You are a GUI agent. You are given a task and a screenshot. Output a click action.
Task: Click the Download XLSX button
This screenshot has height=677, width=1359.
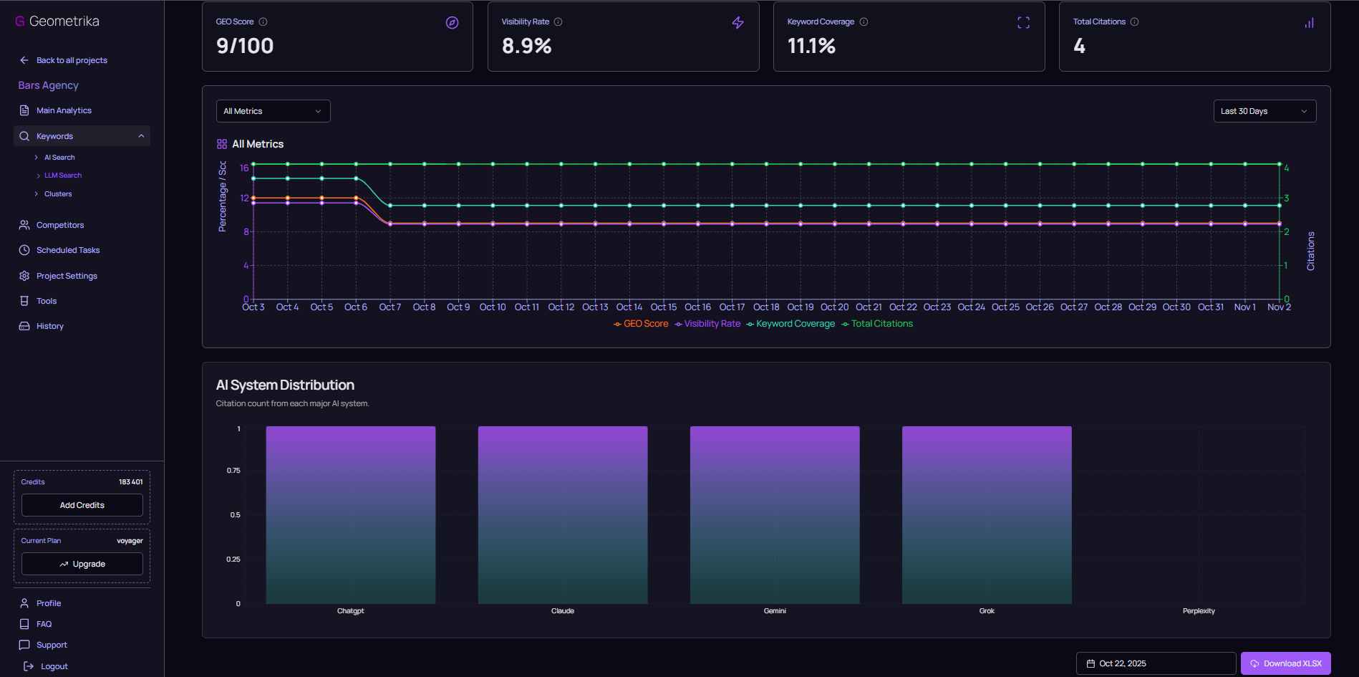click(1285, 663)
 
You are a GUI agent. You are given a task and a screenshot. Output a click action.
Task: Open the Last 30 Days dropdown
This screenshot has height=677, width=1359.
click(1264, 111)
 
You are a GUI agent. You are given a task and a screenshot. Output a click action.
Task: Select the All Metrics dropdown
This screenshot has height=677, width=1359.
click(273, 111)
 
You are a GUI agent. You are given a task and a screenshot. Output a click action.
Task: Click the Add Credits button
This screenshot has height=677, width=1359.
click(82, 505)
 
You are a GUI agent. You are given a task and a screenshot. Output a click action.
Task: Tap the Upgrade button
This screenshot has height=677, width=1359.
click(82, 564)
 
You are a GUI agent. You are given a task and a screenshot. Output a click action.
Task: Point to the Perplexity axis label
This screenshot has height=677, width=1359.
click(1199, 611)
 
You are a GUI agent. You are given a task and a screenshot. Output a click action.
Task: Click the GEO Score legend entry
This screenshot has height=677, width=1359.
click(642, 324)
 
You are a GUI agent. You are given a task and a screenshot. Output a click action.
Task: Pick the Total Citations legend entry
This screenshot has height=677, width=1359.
click(878, 324)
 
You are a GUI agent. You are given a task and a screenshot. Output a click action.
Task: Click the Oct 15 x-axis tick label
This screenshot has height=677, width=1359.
click(664, 307)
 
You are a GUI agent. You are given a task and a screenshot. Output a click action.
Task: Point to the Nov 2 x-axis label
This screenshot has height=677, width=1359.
click(1279, 307)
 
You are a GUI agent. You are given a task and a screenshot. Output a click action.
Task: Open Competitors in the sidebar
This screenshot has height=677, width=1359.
click(60, 225)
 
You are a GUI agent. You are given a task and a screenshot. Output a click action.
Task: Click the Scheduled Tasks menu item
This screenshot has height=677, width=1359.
click(68, 250)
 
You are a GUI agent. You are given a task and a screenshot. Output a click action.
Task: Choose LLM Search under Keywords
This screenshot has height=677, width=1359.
click(63, 176)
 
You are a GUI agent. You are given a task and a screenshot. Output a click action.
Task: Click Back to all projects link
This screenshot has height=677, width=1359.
click(72, 60)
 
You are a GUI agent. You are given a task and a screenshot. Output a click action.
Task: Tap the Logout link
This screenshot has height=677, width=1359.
click(54, 666)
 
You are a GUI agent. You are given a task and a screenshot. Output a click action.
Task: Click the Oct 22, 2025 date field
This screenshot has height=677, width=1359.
click(1156, 663)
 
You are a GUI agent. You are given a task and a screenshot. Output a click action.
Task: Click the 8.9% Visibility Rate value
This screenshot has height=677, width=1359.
click(527, 47)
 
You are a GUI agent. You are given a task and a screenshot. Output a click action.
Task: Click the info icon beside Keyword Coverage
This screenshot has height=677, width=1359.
click(864, 22)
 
